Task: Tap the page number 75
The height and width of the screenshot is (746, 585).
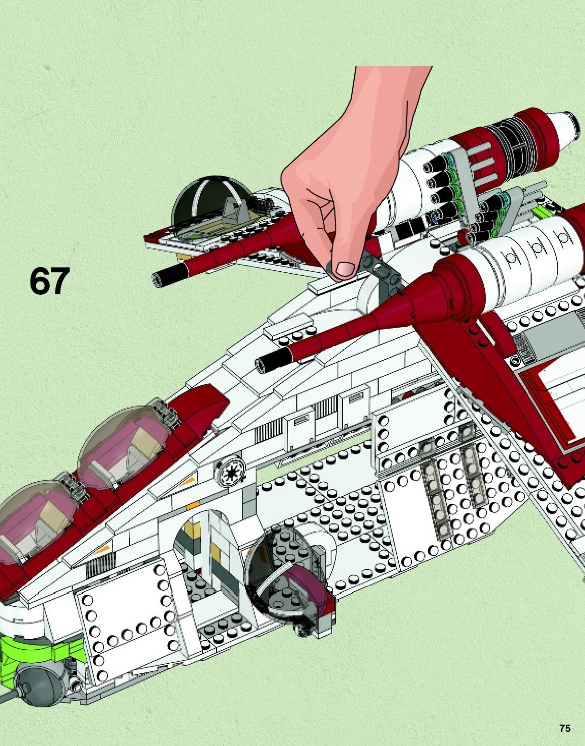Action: coord(565,728)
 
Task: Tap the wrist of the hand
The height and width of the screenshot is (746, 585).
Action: coord(391,86)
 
